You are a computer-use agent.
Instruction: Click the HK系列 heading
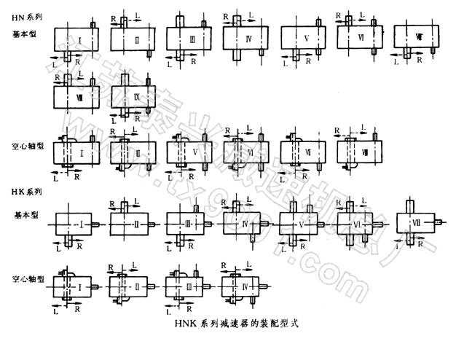click(x=27, y=191)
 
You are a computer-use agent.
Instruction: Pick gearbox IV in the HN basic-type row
click(x=248, y=36)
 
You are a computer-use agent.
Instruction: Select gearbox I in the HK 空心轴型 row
click(x=79, y=283)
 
